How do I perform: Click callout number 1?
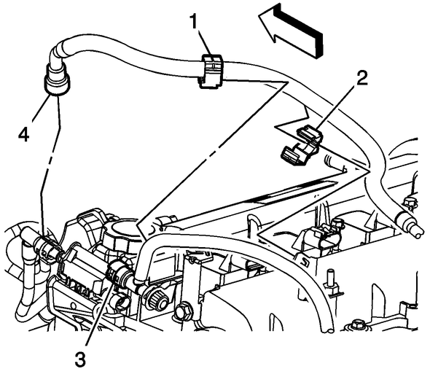[x=194, y=21]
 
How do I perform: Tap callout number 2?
[x=361, y=77]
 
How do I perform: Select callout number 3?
[x=80, y=359]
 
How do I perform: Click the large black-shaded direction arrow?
[x=291, y=31]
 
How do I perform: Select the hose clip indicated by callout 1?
[x=211, y=71]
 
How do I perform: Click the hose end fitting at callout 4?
[x=58, y=80]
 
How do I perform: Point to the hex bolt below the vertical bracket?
[x=184, y=311]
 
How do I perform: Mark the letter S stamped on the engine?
[x=304, y=261]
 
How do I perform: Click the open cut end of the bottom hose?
[x=328, y=330]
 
